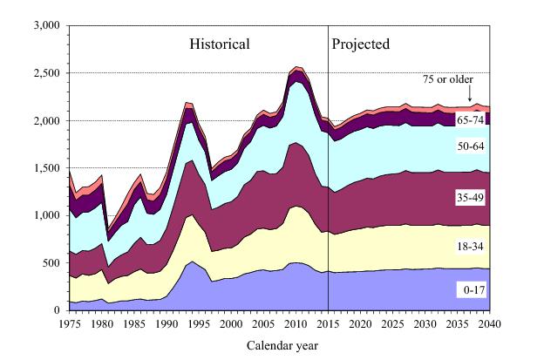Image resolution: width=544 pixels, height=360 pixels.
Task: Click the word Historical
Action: click(221, 44)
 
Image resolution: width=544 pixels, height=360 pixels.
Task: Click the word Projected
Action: click(361, 44)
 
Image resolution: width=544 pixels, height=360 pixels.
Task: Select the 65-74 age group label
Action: click(471, 119)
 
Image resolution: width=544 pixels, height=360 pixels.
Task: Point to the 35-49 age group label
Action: click(471, 198)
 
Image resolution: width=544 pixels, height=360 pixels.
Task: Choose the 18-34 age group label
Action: click(471, 248)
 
